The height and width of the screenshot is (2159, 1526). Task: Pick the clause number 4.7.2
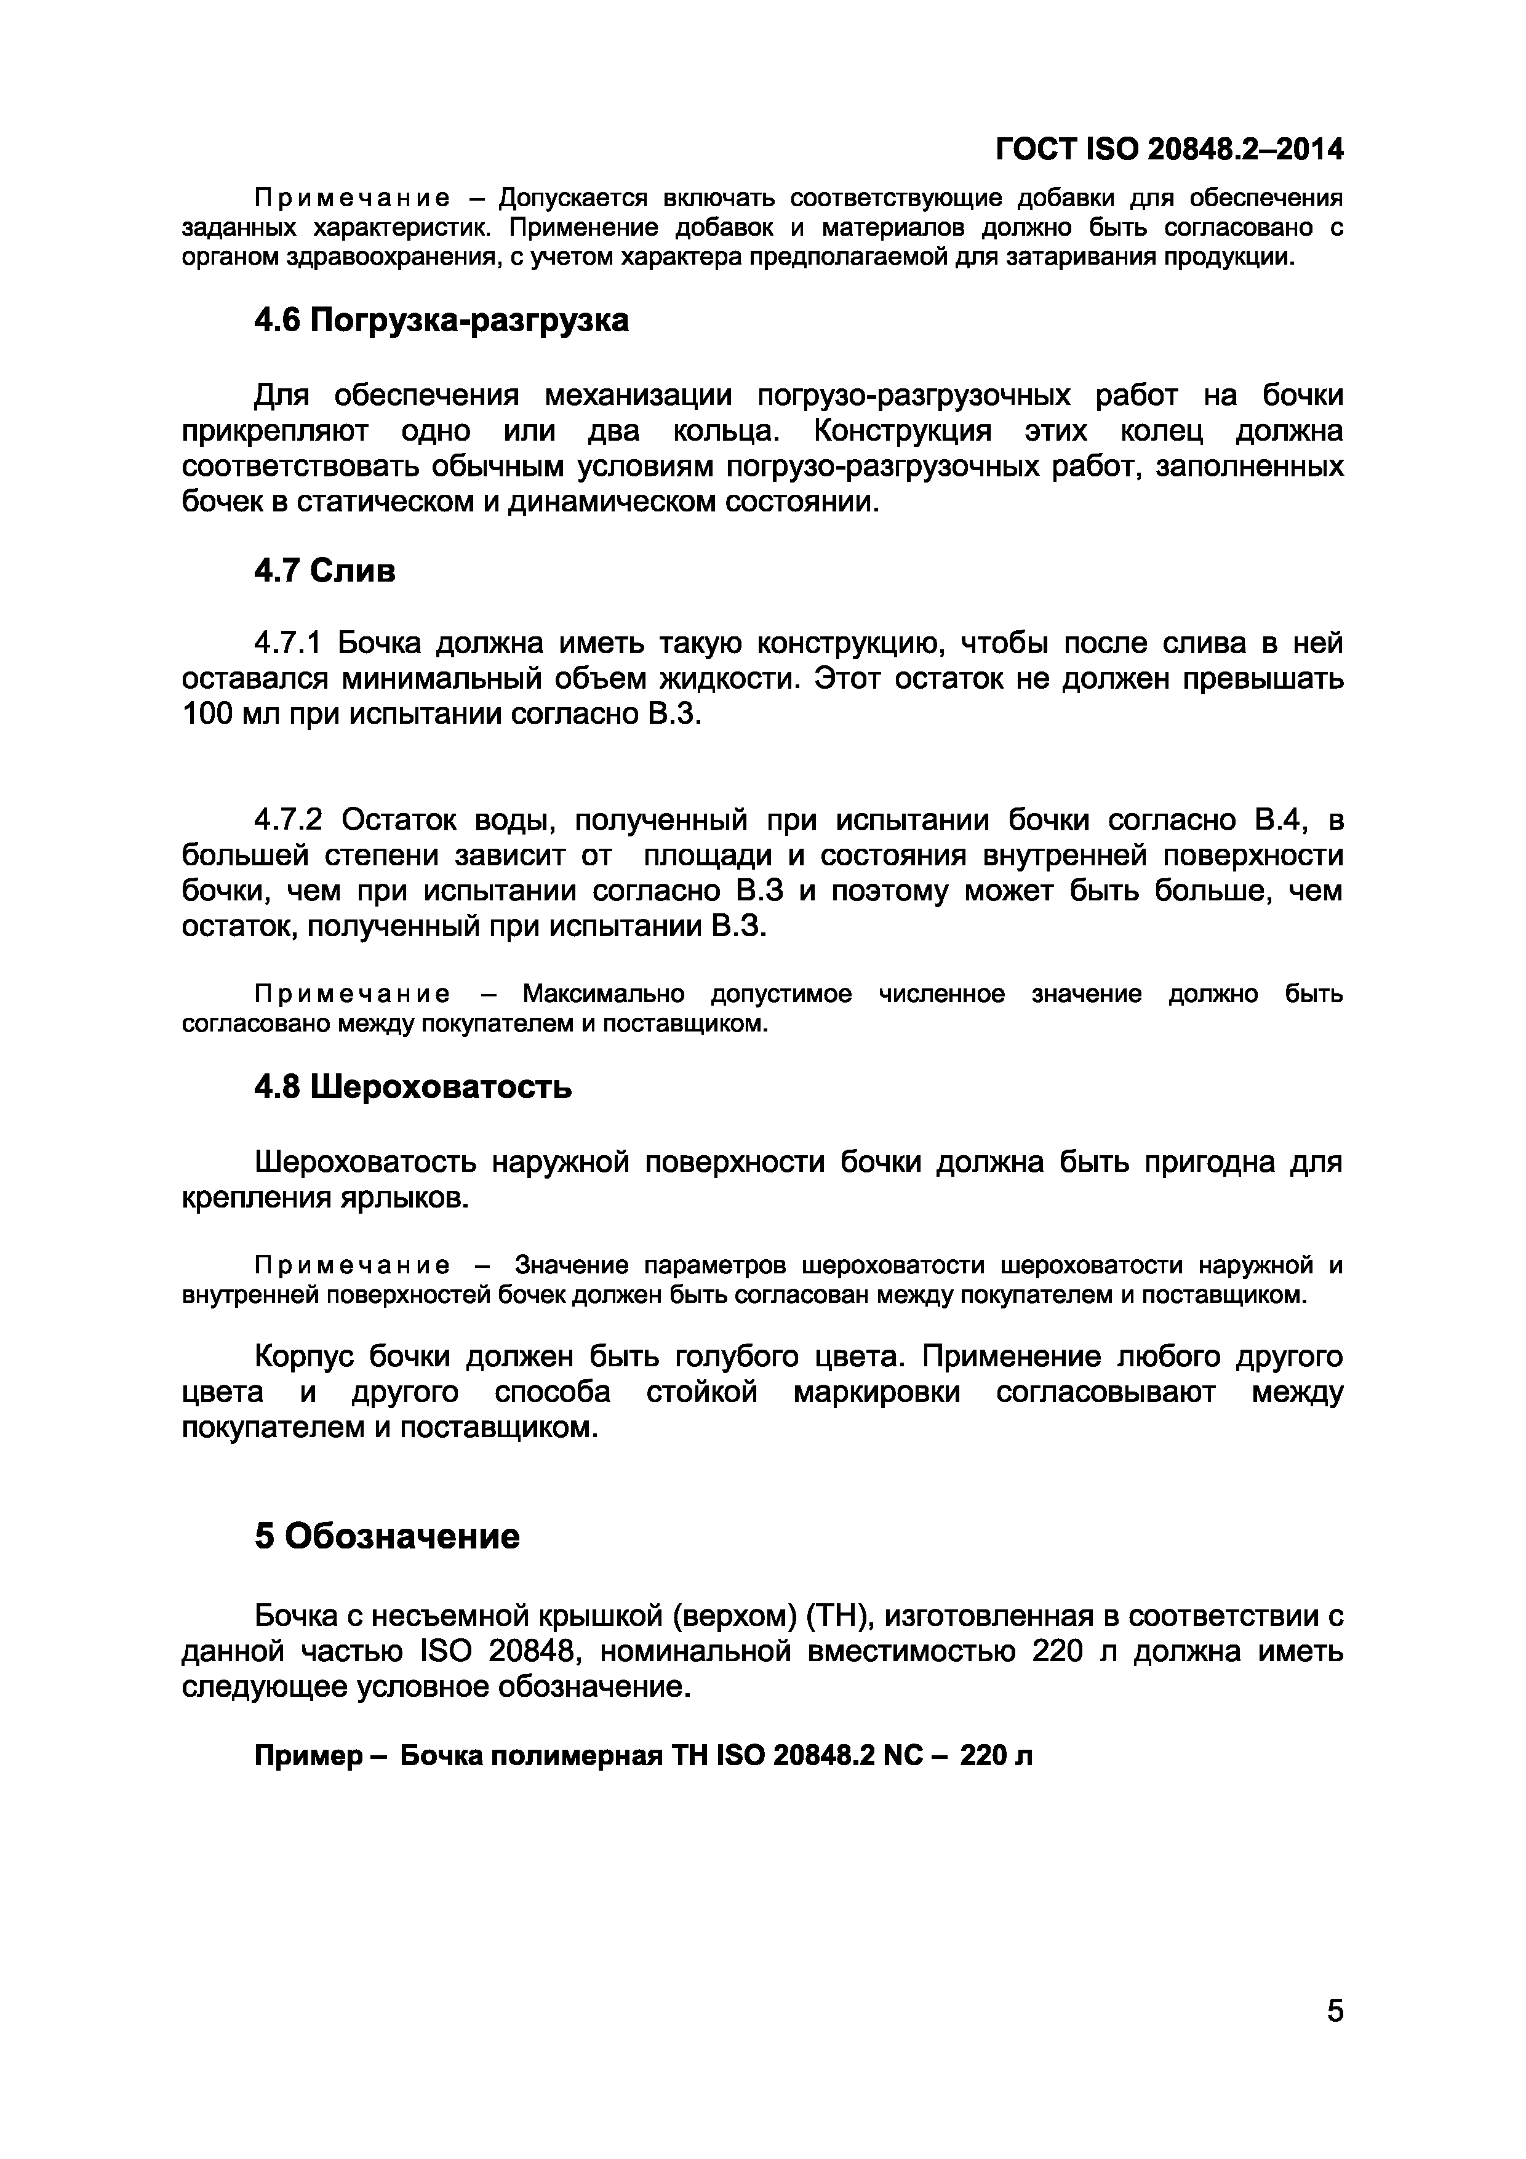coord(288,821)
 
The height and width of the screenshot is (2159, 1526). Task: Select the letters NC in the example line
coord(905,1756)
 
